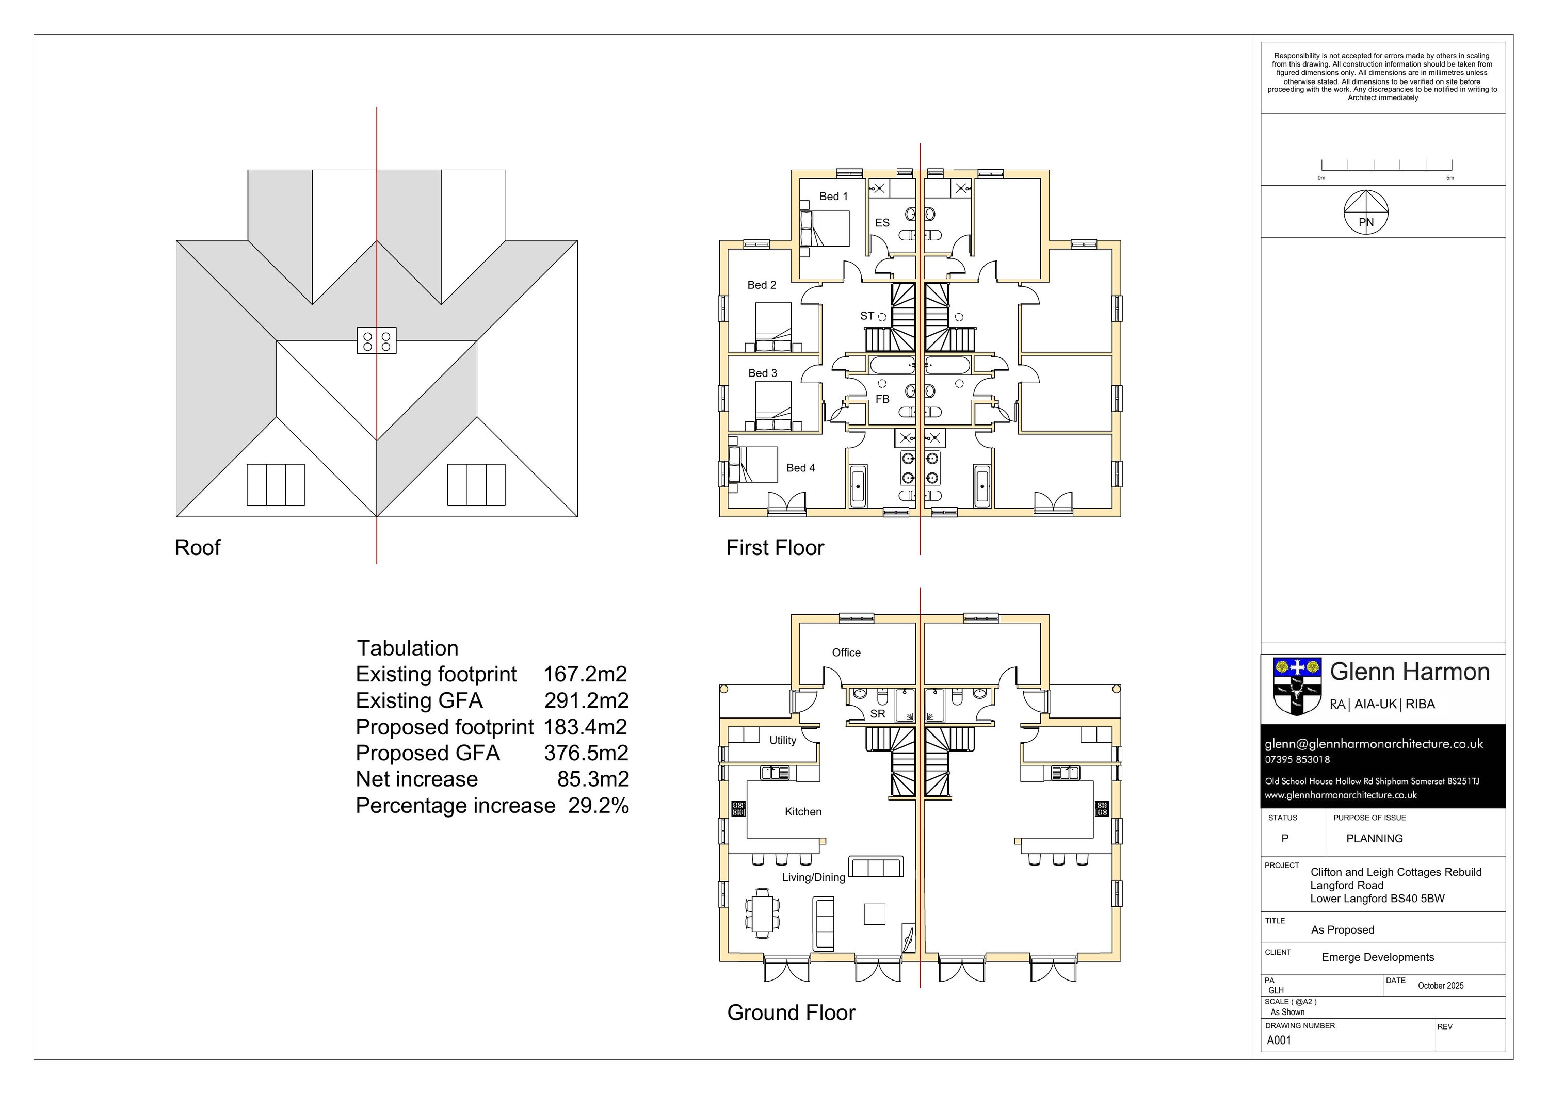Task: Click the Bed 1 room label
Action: click(x=833, y=196)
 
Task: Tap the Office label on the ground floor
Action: click(x=846, y=652)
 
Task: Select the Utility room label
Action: click(x=783, y=740)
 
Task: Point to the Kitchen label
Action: click(x=803, y=811)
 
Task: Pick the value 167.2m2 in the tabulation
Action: click(x=585, y=674)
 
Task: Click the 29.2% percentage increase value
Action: click(x=598, y=806)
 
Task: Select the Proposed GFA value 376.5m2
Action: click(x=586, y=753)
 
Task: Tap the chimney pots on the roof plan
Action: click(x=377, y=341)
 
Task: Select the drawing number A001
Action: click(x=1279, y=1040)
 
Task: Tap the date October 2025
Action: click(x=1440, y=986)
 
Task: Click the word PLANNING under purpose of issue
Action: click(x=1374, y=839)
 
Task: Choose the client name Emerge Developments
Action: click(x=1377, y=957)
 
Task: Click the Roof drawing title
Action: click(x=197, y=547)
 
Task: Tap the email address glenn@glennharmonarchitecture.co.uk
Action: click(x=1374, y=744)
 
